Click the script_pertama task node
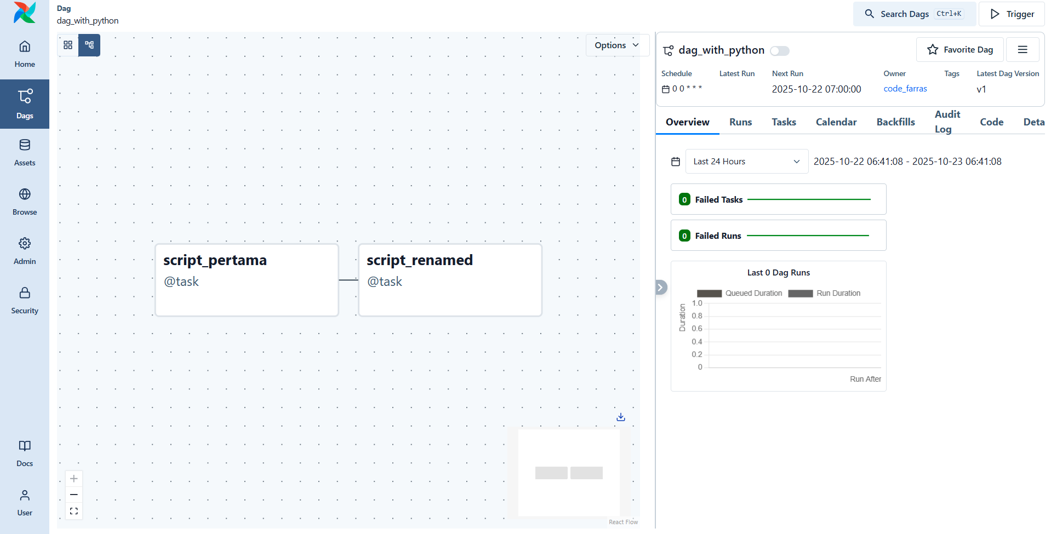247,280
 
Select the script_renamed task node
450,280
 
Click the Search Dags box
914,14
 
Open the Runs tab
740,122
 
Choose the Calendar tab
836,122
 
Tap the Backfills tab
895,122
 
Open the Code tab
991,122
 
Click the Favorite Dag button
959,50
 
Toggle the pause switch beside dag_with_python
779,51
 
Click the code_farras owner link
905,89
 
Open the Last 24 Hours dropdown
746,162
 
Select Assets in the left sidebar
25,152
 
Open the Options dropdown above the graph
617,45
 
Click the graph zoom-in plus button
74,479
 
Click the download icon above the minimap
621,417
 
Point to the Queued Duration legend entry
739,294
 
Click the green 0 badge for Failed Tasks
684,199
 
